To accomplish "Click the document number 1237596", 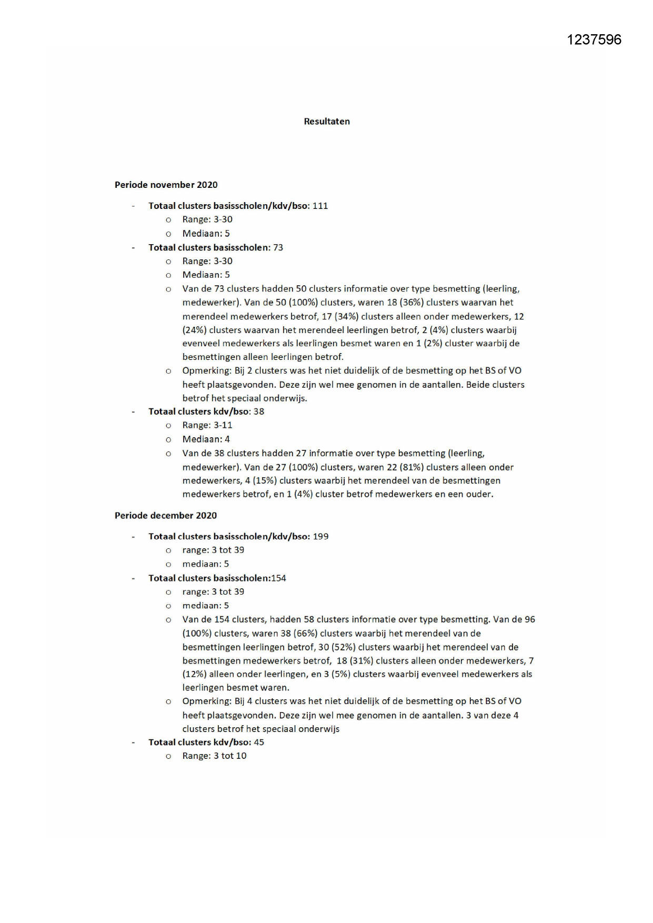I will (x=594, y=39).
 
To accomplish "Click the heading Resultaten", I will (x=327, y=122).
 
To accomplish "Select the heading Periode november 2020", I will (x=166, y=185).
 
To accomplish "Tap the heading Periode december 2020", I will (x=166, y=516).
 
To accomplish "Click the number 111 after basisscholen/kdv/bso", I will (x=320, y=206).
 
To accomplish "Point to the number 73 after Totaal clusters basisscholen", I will (x=278, y=247).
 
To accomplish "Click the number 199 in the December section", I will (x=320, y=537).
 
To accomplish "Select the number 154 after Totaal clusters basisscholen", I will (x=278, y=578).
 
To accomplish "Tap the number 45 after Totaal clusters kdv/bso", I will (x=259, y=743).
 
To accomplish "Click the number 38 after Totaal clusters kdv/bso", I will (x=259, y=412).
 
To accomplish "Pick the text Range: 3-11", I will (x=207, y=425).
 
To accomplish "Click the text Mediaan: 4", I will (x=206, y=439).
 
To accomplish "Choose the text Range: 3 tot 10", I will (x=214, y=756).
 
